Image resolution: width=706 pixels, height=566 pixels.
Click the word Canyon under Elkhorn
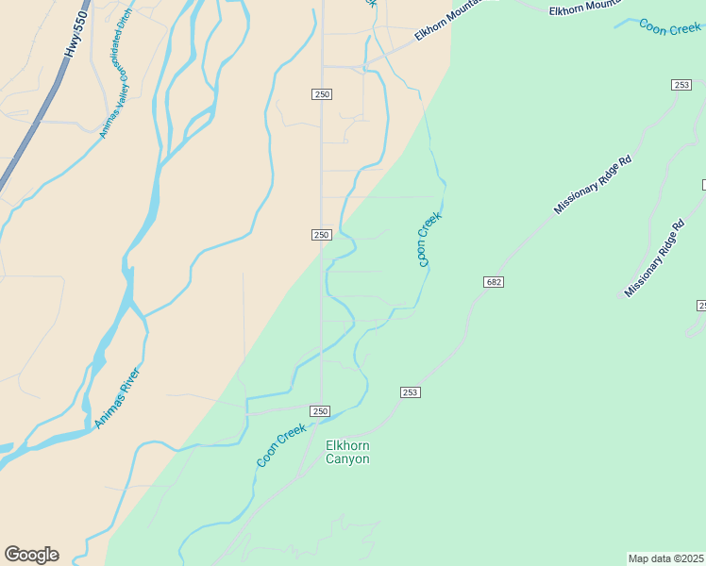click(x=347, y=459)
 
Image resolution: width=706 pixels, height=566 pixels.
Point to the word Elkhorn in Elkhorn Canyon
click(x=347, y=445)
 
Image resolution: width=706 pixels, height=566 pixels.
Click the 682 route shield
click(x=494, y=282)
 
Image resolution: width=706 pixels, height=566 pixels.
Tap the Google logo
click(x=31, y=555)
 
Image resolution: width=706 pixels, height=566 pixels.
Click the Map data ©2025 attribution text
click(x=666, y=558)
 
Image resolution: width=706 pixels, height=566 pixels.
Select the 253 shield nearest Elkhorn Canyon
click(x=410, y=392)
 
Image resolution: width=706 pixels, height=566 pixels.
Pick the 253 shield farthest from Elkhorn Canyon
click(x=681, y=85)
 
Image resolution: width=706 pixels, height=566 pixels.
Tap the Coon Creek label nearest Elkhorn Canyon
click(x=281, y=445)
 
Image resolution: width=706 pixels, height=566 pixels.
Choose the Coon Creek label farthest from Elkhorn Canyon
click(x=670, y=28)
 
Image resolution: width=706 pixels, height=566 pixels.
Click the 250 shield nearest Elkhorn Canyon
click(x=321, y=411)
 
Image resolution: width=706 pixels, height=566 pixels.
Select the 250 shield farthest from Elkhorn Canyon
click(x=322, y=93)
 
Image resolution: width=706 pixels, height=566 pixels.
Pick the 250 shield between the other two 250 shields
click(x=321, y=235)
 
